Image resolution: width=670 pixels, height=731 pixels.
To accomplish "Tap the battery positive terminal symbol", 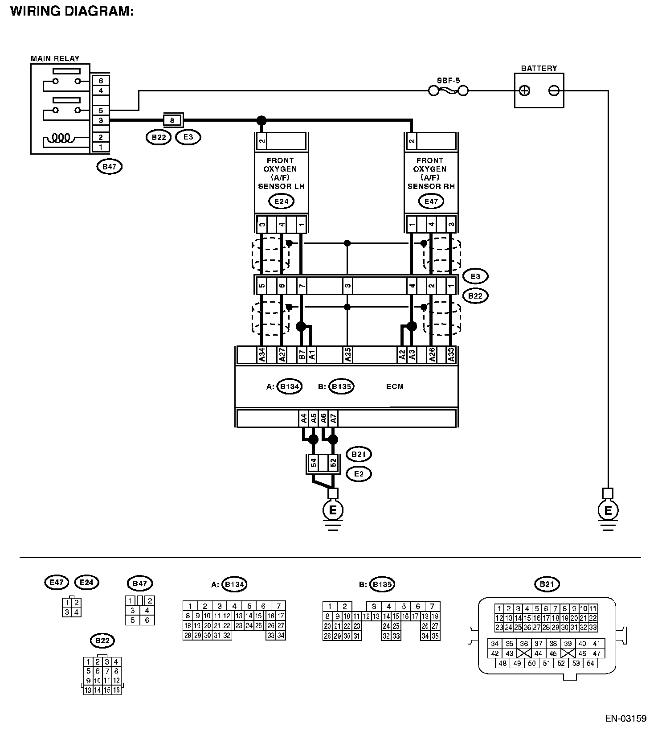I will (525, 91).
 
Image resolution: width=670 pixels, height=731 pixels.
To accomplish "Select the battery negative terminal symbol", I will (554, 91).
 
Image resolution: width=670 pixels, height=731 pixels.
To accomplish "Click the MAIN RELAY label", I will (55, 58).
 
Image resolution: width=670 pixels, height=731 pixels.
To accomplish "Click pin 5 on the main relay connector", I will (101, 110).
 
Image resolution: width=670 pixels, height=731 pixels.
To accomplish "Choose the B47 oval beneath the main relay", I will (109, 167).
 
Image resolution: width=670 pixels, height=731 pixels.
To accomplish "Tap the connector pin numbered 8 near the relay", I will (172, 120).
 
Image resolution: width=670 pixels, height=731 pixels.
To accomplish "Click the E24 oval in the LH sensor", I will (281, 201).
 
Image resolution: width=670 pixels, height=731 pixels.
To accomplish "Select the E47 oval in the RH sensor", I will (431, 201).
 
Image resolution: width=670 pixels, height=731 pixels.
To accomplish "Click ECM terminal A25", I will (347, 355).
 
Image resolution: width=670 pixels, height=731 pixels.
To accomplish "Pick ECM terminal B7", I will (302, 355).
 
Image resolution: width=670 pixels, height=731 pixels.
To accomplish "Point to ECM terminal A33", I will (451, 355).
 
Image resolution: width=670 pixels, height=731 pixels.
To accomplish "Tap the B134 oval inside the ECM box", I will (289, 386).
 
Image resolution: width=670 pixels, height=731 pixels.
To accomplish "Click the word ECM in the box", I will (395, 386).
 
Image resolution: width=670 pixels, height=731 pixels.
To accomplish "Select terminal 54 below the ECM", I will (313, 464).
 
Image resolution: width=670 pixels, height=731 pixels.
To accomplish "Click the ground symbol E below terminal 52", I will (333, 509).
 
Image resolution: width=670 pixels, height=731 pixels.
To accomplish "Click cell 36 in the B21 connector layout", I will (524, 644).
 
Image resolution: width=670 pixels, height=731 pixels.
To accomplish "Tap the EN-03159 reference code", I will (625, 719).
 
